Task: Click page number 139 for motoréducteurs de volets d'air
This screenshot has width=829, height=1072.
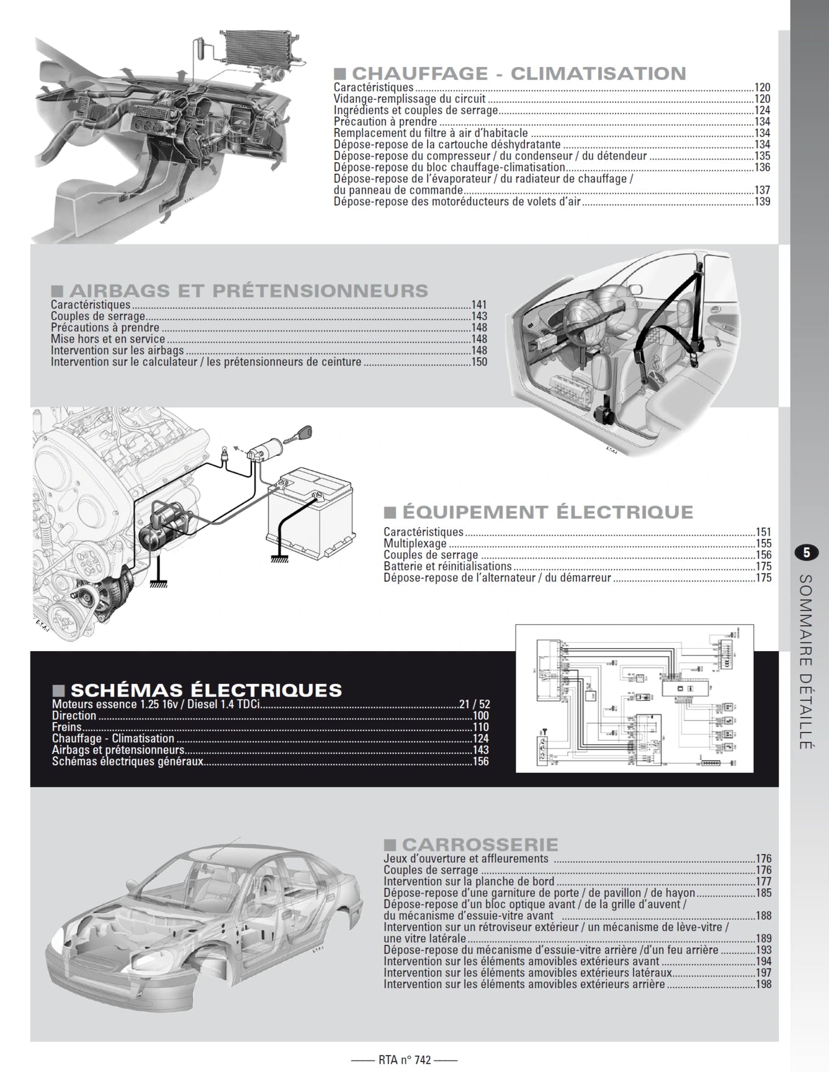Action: coord(762,202)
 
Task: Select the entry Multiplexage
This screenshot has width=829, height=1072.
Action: coord(415,544)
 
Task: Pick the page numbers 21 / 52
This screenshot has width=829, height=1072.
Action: coord(474,705)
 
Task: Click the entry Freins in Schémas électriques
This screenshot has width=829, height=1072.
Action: coord(66,727)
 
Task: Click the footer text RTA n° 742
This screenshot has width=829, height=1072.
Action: coord(404,1060)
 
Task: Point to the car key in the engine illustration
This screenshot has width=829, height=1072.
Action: coord(304,433)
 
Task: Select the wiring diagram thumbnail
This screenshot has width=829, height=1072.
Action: coord(634,698)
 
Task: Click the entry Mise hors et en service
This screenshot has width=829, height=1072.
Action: coord(107,340)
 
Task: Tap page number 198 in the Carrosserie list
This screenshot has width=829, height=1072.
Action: coord(763,984)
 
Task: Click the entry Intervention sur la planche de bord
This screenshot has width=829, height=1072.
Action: coord(468,882)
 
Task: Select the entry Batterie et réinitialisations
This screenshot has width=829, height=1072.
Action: coord(447,567)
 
